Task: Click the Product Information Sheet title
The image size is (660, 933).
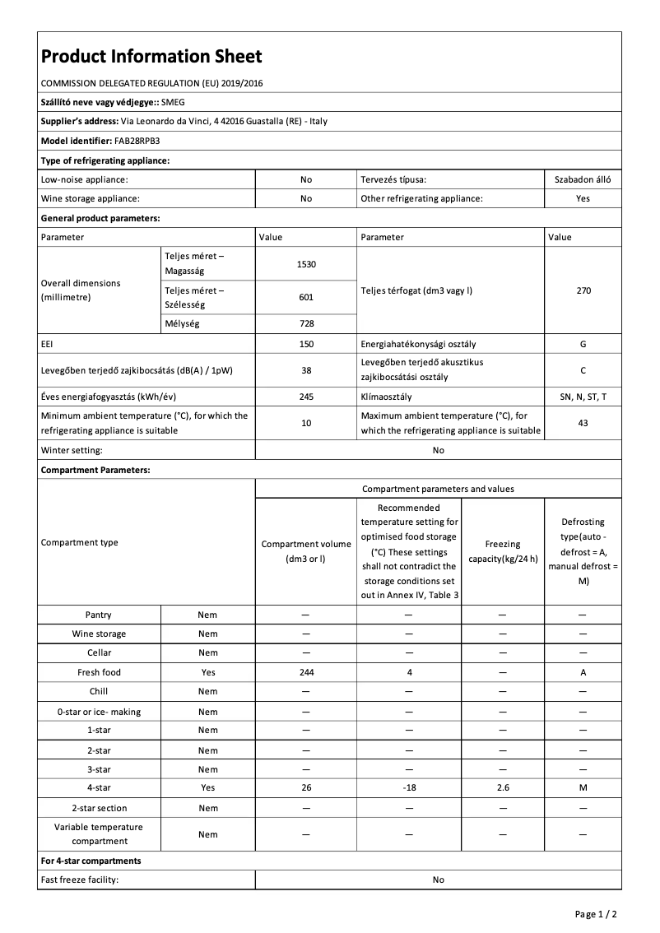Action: click(151, 56)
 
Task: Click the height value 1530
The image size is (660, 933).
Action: click(306, 264)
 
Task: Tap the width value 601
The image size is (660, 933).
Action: click(306, 297)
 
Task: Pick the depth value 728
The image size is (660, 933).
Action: click(306, 324)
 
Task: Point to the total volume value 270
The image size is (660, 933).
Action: click(583, 290)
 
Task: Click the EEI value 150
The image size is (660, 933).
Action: click(306, 344)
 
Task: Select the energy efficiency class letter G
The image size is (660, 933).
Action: click(583, 344)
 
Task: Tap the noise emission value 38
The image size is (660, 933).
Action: click(306, 370)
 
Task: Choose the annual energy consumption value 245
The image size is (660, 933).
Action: click(306, 397)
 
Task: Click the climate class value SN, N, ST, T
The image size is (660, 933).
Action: click(583, 397)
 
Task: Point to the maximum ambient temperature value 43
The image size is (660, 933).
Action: click(583, 423)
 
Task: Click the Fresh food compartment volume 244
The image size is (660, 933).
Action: click(306, 672)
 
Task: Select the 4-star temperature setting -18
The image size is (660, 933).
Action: click(409, 788)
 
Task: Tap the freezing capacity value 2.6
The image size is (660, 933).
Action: click(502, 788)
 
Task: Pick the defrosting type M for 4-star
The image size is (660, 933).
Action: click(583, 788)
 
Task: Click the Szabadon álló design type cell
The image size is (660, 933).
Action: click(583, 179)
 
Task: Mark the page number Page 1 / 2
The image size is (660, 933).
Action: click(596, 914)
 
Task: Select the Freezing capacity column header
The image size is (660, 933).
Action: click(502, 551)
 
